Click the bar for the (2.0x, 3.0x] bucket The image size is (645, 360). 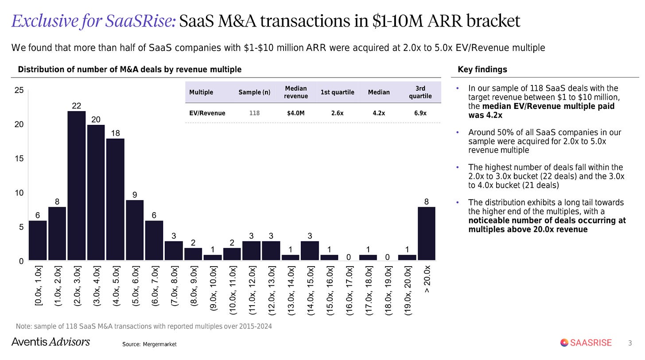click(77, 186)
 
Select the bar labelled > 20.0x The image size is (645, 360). click(427, 233)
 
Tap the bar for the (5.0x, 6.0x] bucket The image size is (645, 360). click(135, 230)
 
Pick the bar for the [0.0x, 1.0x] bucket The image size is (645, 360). click(38, 240)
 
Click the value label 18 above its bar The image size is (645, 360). click(116, 133)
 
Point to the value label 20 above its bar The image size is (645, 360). click(96, 120)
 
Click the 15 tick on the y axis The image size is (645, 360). click(19, 159)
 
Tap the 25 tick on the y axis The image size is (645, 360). click(19, 90)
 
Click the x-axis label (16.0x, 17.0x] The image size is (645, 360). click(349, 290)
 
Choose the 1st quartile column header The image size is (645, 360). click(337, 92)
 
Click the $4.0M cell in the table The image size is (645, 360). click(296, 113)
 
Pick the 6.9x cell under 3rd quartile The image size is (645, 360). click(420, 113)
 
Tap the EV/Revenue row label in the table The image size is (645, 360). click(207, 113)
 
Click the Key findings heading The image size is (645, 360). click(482, 70)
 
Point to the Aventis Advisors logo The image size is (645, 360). click(51, 342)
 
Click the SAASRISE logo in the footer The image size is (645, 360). click(586, 342)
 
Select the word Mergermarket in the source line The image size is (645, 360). click(159, 344)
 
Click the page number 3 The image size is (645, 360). click(630, 343)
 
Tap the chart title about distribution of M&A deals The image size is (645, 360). click(129, 70)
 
